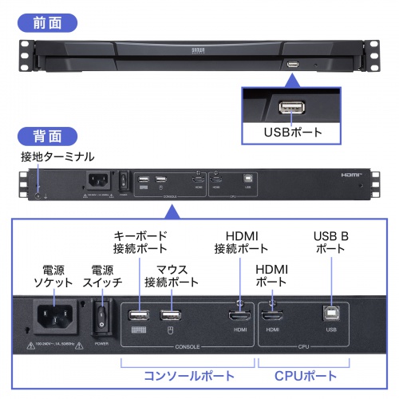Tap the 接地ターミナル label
[50, 156]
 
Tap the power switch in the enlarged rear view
[102, 318]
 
